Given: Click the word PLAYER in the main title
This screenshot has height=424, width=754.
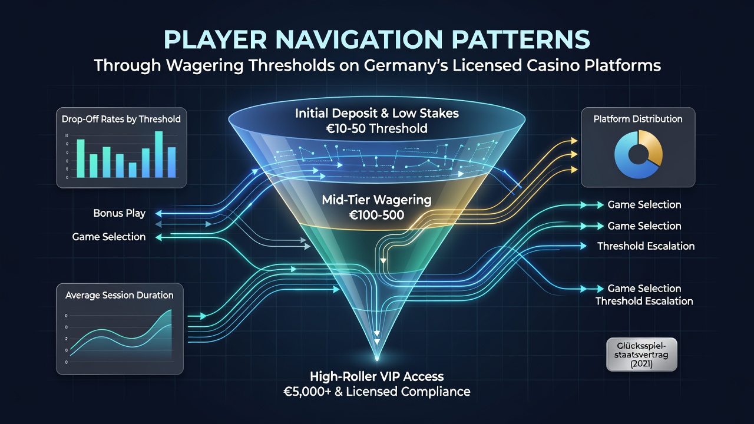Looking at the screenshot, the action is pyautogui.click(x=215, y=40).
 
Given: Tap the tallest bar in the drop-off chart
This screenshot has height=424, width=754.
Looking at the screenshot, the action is pyautogui.click(x=158, y=154).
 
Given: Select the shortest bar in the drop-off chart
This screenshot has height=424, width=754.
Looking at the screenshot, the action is pyautogui.click(x=133, y=170).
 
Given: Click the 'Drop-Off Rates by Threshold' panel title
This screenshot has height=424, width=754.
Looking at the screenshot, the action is pyautogui.click(x=121, y=119).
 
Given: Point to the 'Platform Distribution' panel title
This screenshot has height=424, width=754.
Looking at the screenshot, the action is pyautogui.click(x=638, y=119).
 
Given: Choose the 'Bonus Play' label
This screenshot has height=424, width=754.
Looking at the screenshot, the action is pyautogui.click(x=120, y=213).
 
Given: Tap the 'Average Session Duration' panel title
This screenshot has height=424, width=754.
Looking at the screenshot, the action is pyautogui.click(x=120, y=295).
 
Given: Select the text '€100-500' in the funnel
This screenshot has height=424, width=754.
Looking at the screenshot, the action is pyautogui.click(x=376, y=215).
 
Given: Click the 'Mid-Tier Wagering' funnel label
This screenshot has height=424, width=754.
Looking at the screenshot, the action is pyautogui.click(x=376, y=200).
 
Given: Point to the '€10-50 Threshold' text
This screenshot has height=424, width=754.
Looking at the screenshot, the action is pyautogui.click(x=376, y=128).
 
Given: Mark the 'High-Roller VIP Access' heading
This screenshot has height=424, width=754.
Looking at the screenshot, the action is pyautogui.click(x=376, y=376).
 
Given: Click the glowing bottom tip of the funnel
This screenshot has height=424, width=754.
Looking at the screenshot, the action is pyautogui.click(x=377, y=359).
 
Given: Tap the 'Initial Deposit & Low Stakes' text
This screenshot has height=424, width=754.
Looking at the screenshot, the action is pyautogui.click(x=376, y=114).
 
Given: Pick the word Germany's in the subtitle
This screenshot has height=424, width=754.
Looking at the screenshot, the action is pyautogui.click(x=406, y=65).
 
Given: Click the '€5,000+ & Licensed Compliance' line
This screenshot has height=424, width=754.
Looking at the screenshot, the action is pyautogui.click(x=376, y=392).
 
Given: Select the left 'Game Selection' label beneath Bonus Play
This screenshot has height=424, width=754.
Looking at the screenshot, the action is pyautogui.click(x=109, y=237).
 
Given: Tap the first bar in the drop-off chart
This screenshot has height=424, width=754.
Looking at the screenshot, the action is pyautogui.click(x=81, y=158).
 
